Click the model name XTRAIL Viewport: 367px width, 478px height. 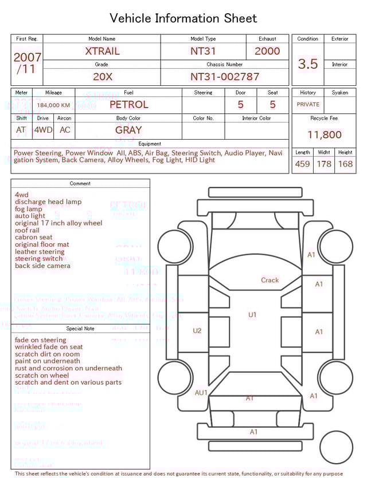[102, 51]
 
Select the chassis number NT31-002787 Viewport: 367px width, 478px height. [225, 77]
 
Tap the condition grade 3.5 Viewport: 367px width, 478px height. [308, 64]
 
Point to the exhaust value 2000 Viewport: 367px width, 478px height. [267, 51]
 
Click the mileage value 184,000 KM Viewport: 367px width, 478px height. [53, 105]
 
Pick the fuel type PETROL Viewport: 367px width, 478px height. [128, 105]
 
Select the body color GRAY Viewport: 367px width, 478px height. [128, 130]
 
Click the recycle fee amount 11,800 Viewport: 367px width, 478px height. [324, 135]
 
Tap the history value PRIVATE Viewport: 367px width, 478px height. [308, 105]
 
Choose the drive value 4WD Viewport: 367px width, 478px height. [43, 130]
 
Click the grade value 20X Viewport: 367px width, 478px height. [102, 77]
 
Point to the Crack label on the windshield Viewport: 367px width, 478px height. [270, 281]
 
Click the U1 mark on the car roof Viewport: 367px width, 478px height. [252, 315]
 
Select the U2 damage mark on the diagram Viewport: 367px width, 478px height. [197, 331]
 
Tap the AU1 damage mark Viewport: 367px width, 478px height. [201, 393]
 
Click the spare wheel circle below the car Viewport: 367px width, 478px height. [336, 447]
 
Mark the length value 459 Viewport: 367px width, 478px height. [302, 164]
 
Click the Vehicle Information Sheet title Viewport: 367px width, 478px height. [183, 18]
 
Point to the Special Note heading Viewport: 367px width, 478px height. [80, 329]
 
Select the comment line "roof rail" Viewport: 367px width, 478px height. [28, 230]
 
